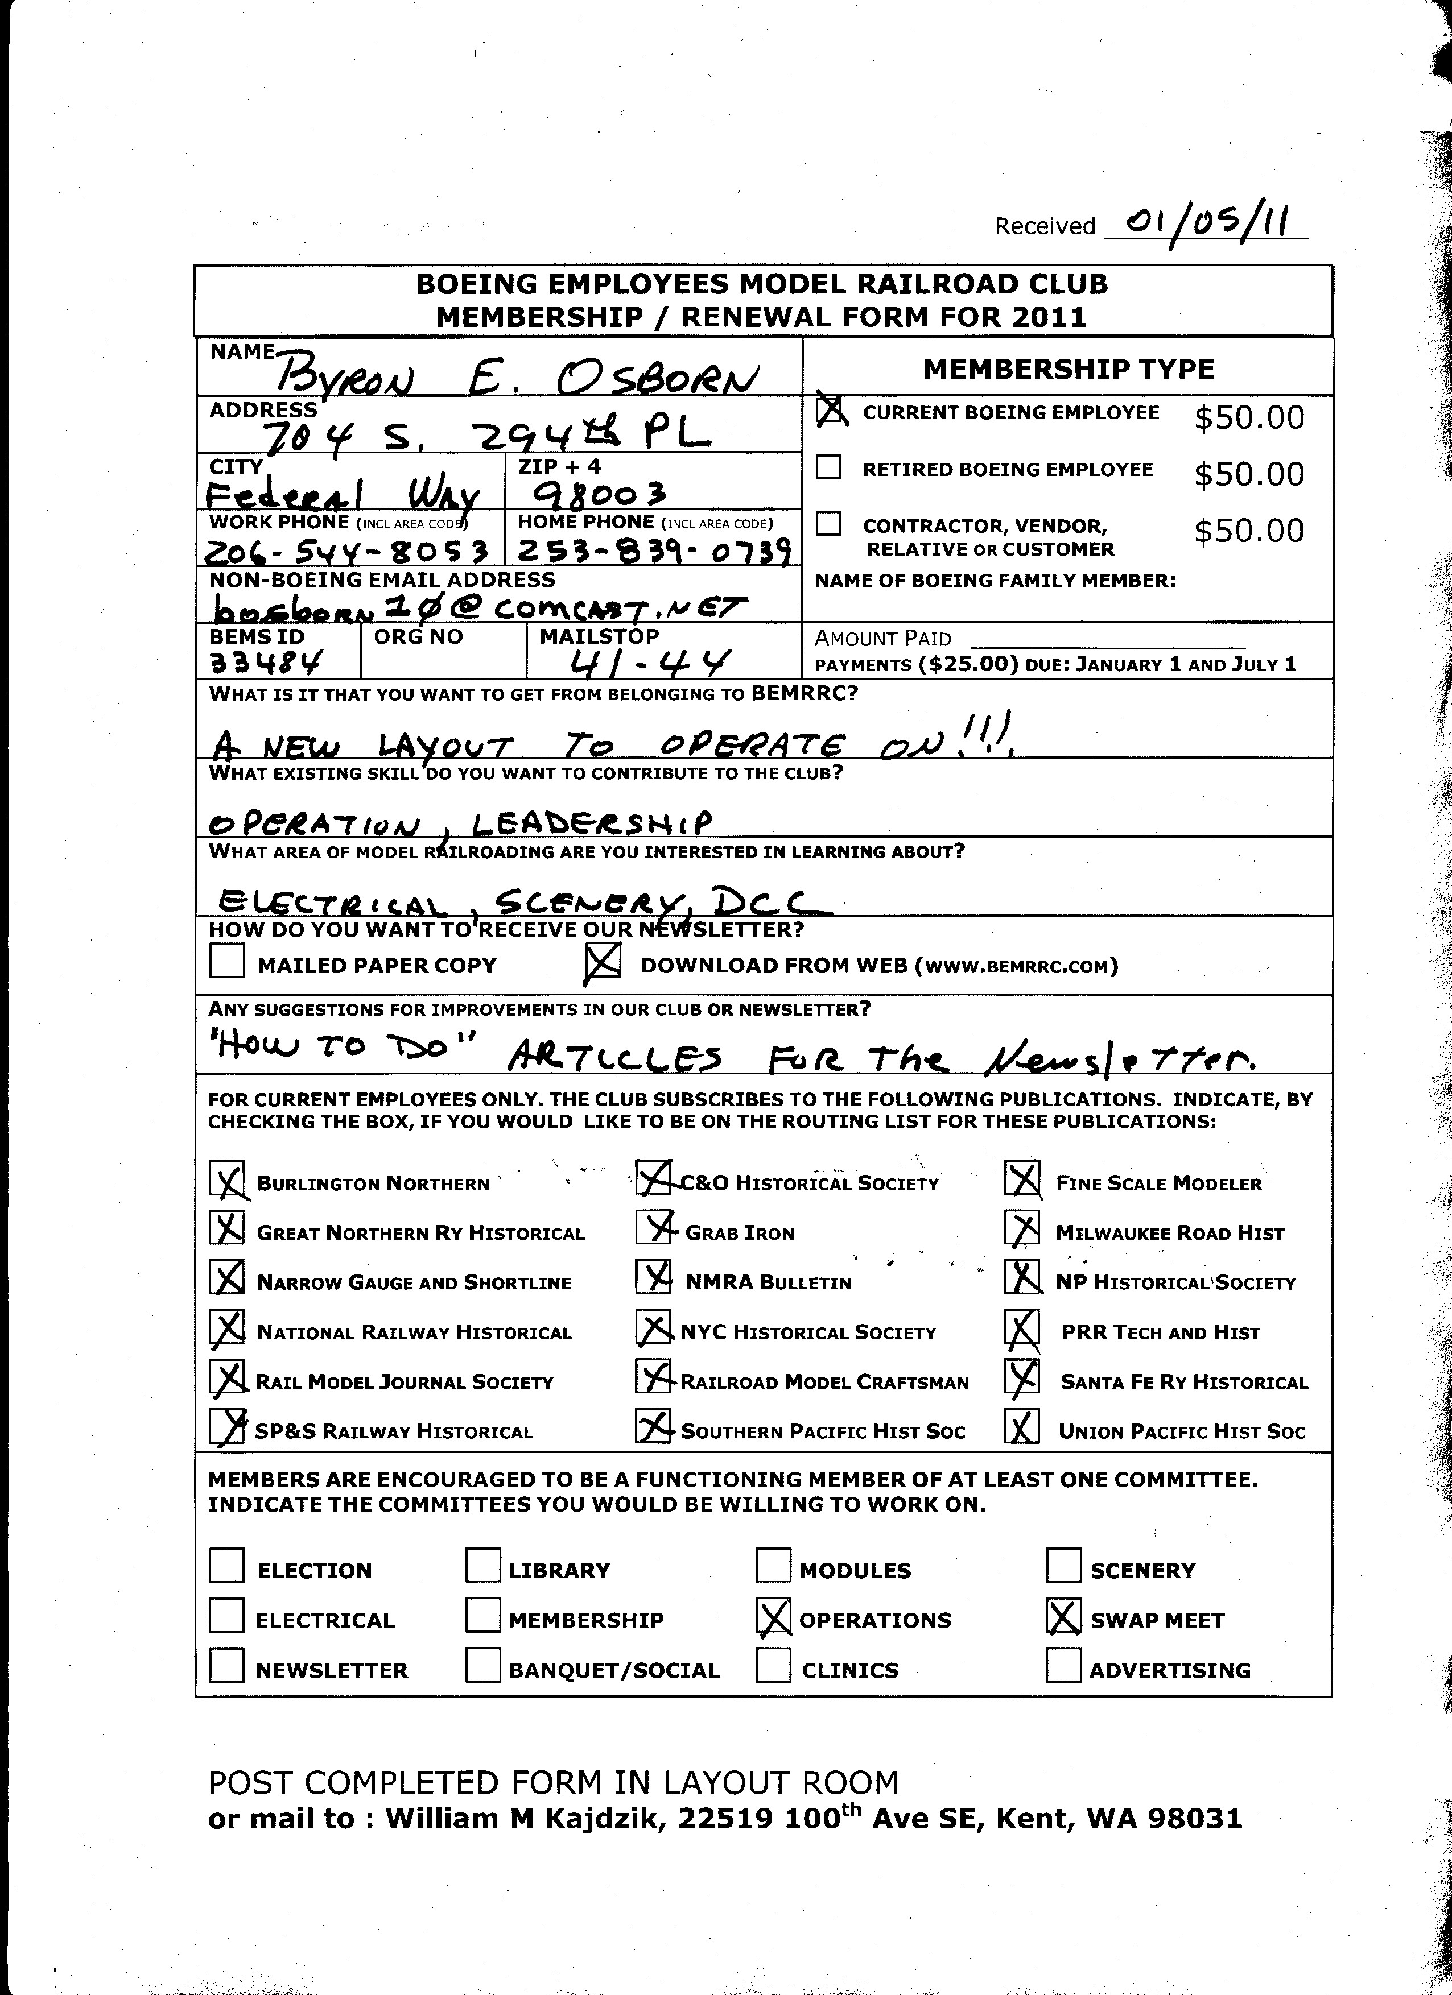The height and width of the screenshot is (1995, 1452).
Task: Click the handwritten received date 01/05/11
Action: tap(1206, 221)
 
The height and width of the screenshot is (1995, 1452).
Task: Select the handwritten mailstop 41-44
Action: tap(651, 659)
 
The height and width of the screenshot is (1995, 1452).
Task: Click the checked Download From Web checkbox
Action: tap(603, 962)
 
